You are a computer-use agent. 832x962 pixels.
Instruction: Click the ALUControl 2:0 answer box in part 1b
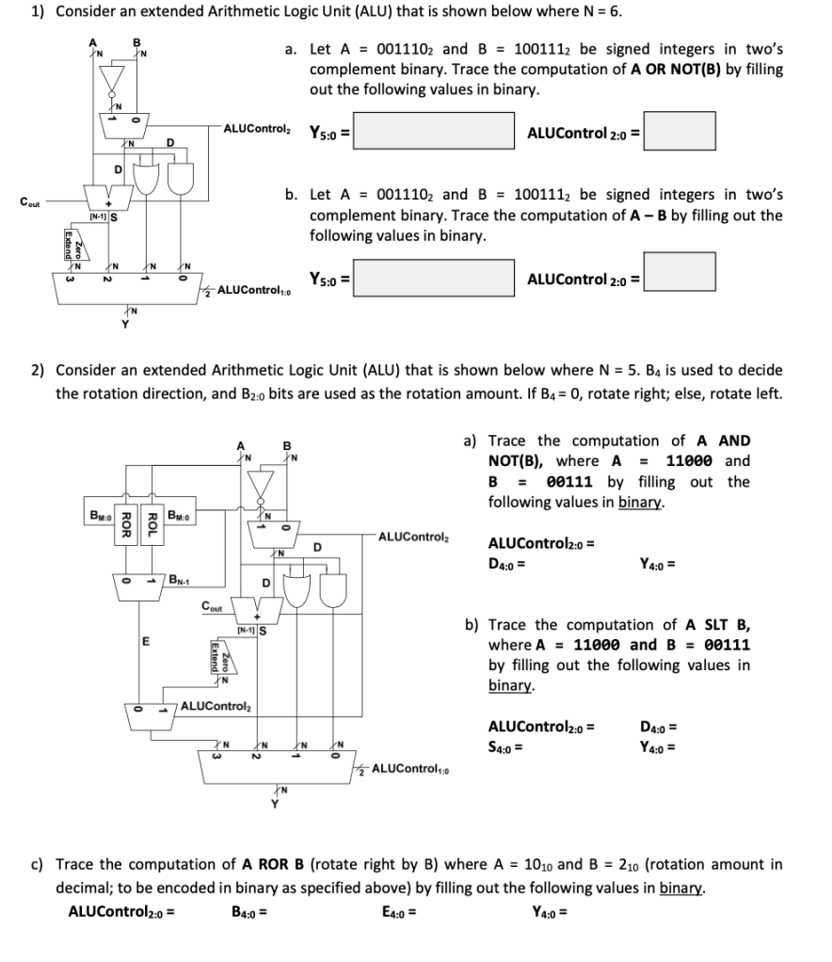[x=679, y=271]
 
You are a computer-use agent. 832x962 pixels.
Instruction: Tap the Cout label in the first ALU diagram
[x=28, y=200]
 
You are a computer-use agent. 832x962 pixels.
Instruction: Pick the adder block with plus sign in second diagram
[x=255, y=606]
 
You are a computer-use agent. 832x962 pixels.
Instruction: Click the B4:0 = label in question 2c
[x=248, y=911]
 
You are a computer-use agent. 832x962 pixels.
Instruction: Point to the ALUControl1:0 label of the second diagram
[x=410, y=770]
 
